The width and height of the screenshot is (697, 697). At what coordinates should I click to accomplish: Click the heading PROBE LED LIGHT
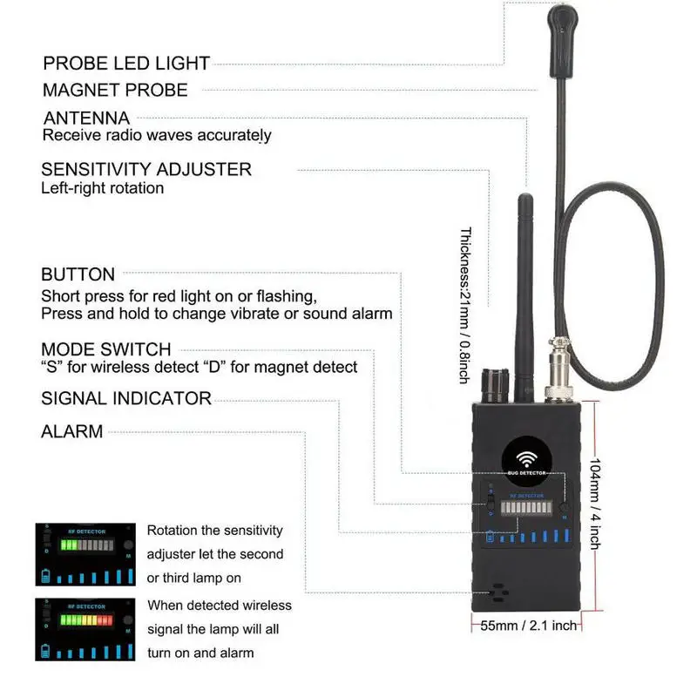[x=126, y=64]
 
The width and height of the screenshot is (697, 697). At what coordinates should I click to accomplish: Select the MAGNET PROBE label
[x=115, y=90]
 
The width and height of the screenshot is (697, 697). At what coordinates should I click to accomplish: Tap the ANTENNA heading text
[x=86, y=118]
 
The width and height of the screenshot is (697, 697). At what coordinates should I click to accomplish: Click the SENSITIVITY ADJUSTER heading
[x=146, y=169]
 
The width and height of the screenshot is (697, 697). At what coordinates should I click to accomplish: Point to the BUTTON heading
[x=78, y=275]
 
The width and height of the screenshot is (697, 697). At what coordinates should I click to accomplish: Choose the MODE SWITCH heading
[x=106, y=349]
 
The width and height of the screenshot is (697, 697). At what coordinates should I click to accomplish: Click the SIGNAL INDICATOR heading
[x=126, y=398]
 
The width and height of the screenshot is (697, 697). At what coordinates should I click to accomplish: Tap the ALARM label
[x=72, y=430]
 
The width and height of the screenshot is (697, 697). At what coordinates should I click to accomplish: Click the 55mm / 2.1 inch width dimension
[x=530, y=625]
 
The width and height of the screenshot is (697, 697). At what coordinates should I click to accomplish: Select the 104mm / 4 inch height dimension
[x=594, y=503]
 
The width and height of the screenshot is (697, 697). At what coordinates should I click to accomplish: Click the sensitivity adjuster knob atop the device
[x=497, y=382]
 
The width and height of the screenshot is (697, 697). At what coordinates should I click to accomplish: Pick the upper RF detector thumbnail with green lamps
[x=86, y=554]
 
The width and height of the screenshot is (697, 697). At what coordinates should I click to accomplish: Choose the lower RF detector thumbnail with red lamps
[x=86, y=629]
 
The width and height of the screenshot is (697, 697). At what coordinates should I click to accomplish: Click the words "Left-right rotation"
[x=103, y=187]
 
